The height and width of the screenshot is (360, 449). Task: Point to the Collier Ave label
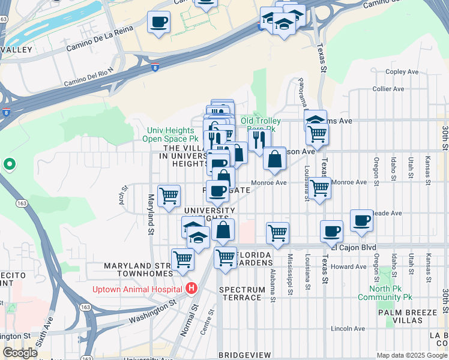388,89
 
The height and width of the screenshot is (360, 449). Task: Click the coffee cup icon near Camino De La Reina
159,22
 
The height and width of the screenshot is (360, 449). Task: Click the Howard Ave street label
348,266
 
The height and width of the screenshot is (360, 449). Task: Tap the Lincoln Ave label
348,329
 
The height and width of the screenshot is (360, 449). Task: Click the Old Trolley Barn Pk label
261,125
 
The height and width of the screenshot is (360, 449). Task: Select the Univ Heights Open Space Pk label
172,135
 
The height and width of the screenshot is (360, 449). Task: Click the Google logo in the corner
20,353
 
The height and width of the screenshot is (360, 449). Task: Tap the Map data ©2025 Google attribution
411,355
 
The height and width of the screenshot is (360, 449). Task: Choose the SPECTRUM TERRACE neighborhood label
240,293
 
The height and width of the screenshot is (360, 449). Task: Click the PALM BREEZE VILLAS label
401,317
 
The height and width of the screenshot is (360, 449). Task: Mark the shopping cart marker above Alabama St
277,233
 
